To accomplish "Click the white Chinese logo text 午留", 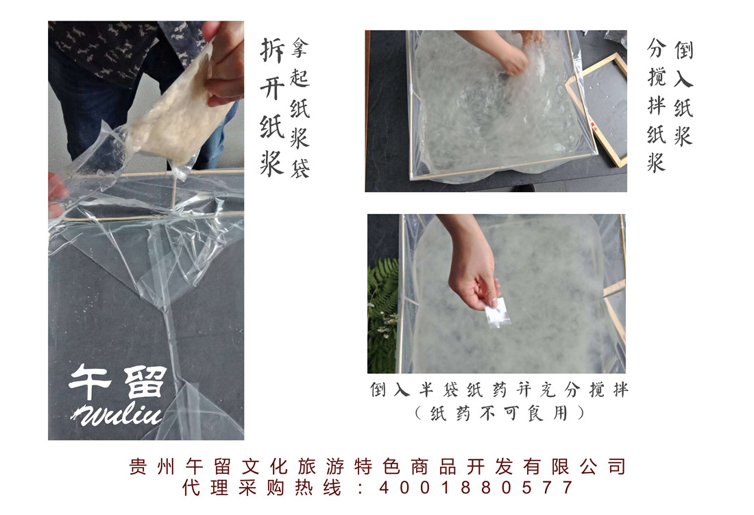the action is coord(118,382).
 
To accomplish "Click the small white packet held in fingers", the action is coord(496,312).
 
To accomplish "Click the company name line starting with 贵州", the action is coord(377,466).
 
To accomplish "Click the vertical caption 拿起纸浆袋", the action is coord(300,108).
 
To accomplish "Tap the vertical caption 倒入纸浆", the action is coord(683,93).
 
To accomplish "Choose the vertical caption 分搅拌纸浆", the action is coord(657,106).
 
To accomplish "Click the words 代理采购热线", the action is coord(262,488).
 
